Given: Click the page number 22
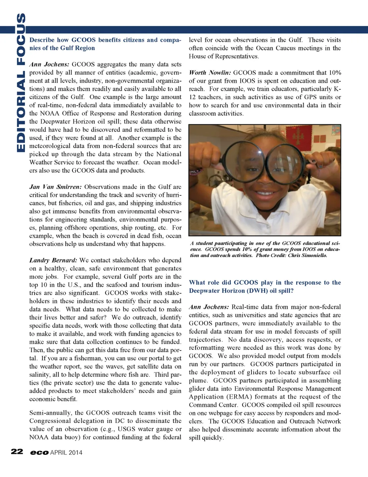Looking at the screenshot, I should pos(17,452).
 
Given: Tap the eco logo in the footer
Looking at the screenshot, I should pos(39,452).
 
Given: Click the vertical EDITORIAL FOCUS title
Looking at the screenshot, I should pos(21,83).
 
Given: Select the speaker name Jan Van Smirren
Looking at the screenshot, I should pos(55,187).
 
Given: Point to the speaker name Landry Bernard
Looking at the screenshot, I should pos(53,261).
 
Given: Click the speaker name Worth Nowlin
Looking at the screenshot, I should pos(210,73).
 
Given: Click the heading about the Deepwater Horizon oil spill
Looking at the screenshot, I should pos(264,287).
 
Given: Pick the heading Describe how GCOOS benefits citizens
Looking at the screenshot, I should pos(105,44).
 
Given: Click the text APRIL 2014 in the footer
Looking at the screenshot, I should pos(66,452).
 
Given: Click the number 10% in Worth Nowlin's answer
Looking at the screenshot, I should pos(335,73).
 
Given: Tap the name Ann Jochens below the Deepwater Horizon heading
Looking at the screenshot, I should pos(209,307).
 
